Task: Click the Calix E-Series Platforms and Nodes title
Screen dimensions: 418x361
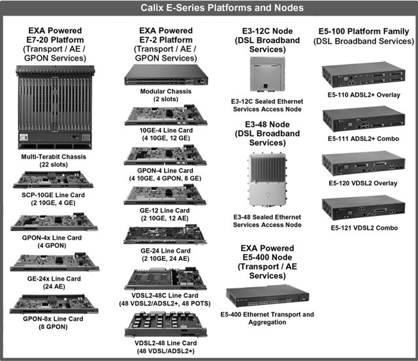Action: click(x=222, y=7)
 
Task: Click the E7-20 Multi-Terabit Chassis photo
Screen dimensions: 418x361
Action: click(x=55, y=108)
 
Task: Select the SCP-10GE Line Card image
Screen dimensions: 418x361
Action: click(x=54, y=180)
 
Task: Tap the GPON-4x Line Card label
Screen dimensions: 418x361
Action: click(x=52, y=242)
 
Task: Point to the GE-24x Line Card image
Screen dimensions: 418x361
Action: click(x=55, y=262)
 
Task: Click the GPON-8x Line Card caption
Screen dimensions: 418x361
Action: click(x=53, y=322)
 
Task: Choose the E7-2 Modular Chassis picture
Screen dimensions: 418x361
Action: click(x=166, y=75)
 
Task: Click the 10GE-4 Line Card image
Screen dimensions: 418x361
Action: click(x=166, y=116)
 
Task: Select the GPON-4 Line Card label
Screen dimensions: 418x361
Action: click(x=165, y=174)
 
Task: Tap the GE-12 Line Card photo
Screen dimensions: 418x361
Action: click(x=165, y=195)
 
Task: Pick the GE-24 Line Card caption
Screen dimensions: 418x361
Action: click(x=165, y=255)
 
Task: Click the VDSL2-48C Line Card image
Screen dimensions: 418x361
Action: click(x=165, y=279)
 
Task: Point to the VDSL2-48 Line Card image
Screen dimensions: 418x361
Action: click(x=166, y=324)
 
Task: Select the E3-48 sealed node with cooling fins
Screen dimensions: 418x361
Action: click(x=267, y=180)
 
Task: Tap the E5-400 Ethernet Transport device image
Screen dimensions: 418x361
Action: click(x=268, y=296)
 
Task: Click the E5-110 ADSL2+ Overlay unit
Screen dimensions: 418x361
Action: click(x=364, y=74)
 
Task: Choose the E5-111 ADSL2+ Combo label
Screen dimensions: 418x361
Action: click(x=363, y=138)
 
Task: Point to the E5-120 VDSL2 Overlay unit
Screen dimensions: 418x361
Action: click(x=364, y=163)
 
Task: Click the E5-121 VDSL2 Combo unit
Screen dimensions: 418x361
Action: click(x=364, y=208)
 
